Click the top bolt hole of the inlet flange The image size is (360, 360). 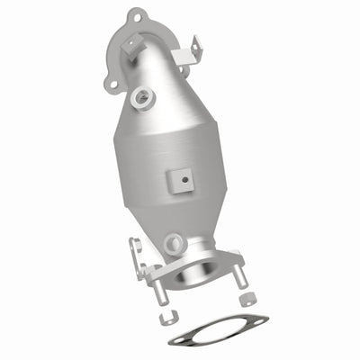(x=135, y=15)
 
